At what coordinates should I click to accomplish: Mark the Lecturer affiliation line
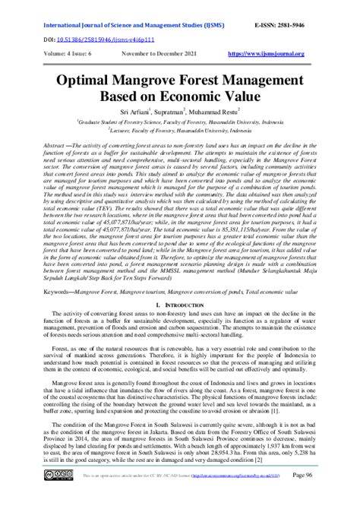coord(179,130)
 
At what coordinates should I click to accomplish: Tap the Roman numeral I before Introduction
coord(155,283)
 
